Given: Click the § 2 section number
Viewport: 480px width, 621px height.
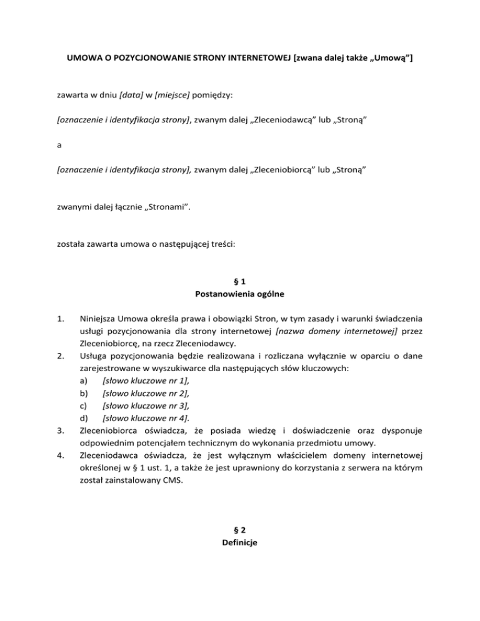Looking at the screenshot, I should tap(239, 530).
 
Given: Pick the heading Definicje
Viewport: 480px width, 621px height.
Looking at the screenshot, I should tap(240, 543).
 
